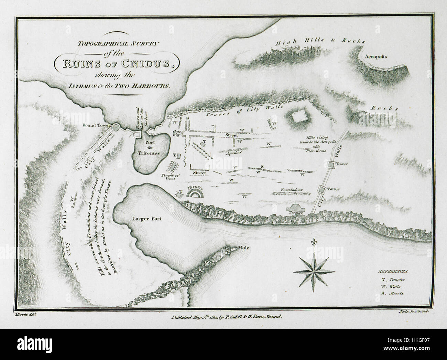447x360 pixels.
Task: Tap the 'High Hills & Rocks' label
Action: click(320, 42)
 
